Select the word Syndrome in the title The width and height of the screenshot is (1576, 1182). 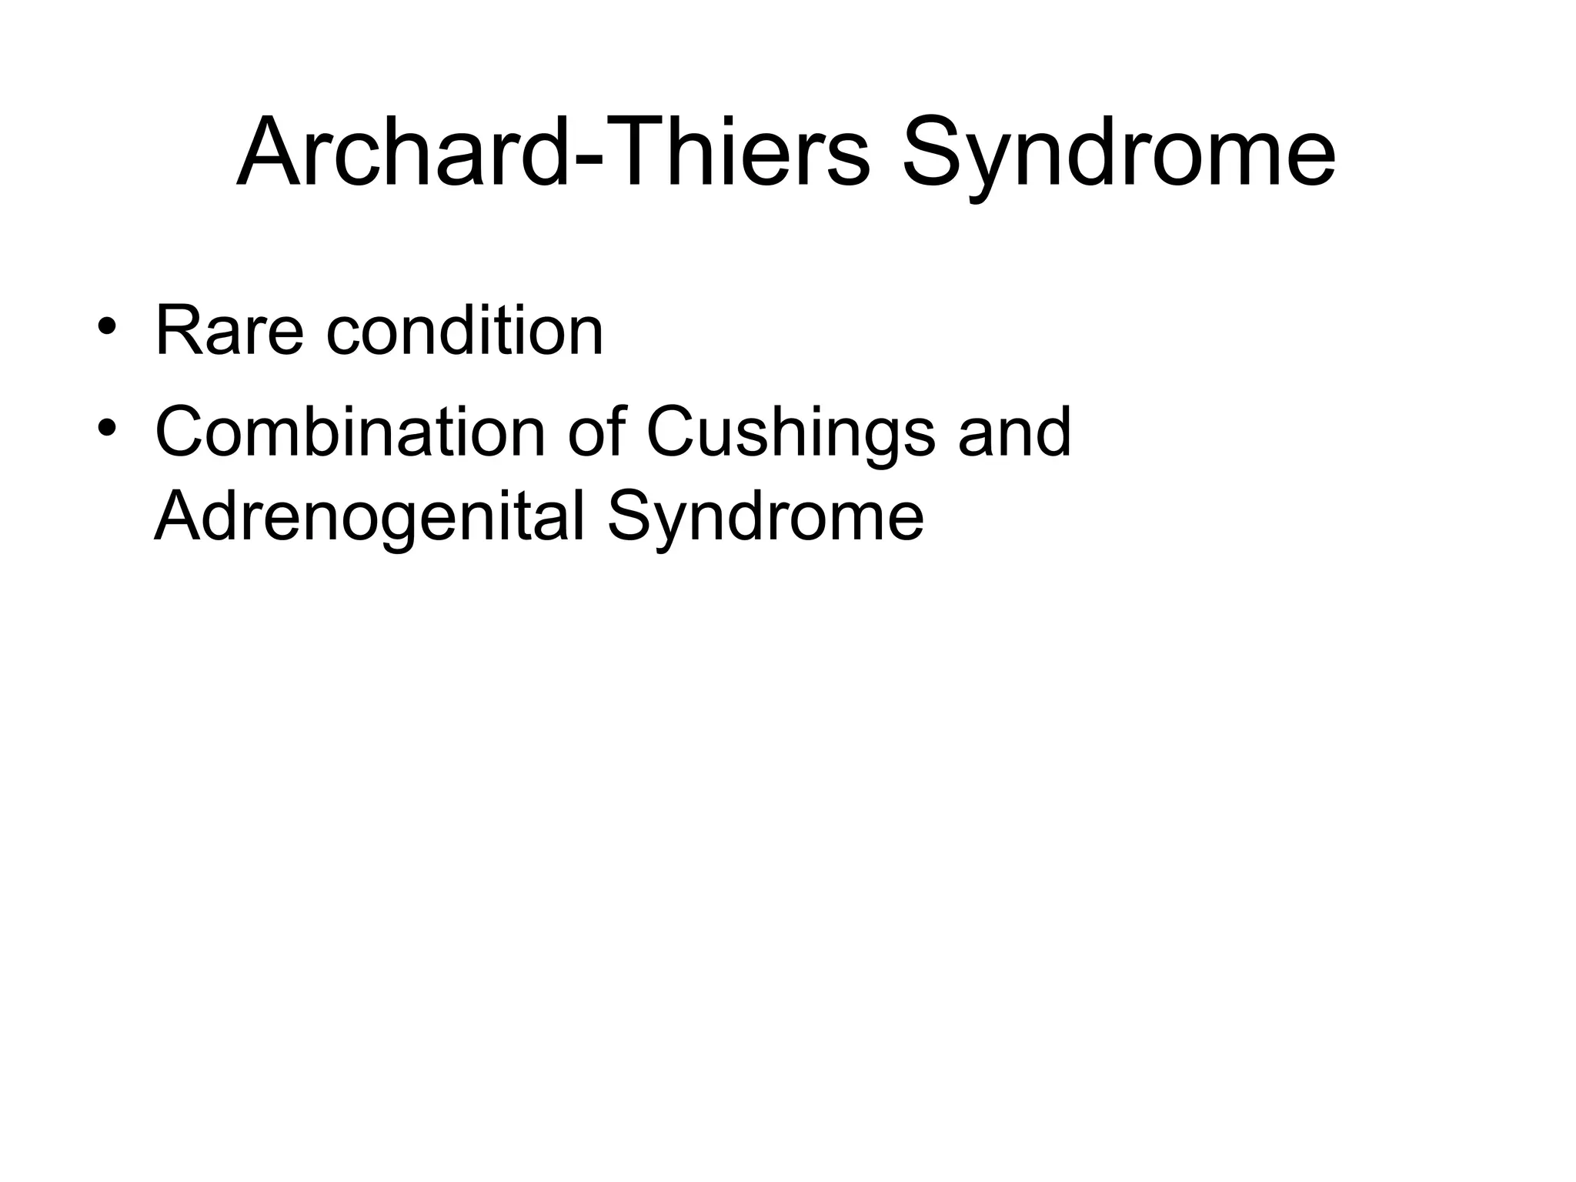(x=1118, y=158)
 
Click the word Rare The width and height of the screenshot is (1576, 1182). (x=229, y=332)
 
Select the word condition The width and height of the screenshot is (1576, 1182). (x=465, y=332)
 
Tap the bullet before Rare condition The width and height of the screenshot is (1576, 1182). (x=107, y=326)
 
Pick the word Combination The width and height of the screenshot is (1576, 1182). (x=350, y=432)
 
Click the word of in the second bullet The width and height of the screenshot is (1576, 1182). (x=596, y=432)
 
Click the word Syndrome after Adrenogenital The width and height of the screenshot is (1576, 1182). (x=765, y=520)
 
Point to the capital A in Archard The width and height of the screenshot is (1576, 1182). (x=269, y=152)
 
